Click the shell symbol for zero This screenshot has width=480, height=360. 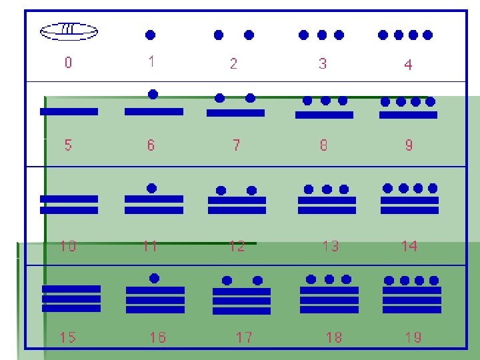69,30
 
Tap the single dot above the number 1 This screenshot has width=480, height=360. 151,34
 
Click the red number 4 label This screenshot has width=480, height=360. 408,65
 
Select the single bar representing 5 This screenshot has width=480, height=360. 69,111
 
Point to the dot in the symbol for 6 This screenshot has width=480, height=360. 153,95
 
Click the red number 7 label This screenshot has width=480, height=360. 236,145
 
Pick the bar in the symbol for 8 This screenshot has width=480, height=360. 324,115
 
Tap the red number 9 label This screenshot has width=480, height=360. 409,145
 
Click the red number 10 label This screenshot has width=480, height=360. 68,246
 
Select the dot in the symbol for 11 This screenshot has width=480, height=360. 152,189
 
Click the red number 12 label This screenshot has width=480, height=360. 237,246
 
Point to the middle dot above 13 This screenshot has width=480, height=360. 327,189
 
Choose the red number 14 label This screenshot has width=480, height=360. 409,246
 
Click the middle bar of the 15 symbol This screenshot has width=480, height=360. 71,299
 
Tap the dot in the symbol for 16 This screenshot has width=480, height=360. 155,278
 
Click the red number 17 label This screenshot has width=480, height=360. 244,337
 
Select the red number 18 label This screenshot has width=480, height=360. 333,337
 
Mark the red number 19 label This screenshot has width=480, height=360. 413,337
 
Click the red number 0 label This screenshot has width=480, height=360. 69,63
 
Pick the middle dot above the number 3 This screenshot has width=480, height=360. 322,35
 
